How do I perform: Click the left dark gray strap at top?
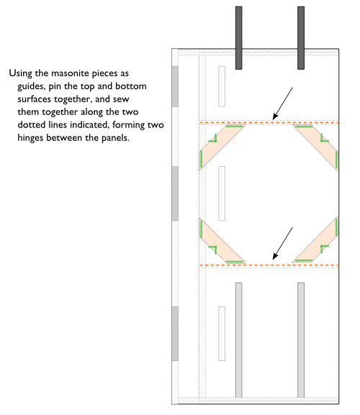[x=238, y=37]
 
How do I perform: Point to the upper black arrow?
[x=282, y=102]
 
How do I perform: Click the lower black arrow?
[x=282, y=243]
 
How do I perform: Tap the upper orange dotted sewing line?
[x=268, y=123]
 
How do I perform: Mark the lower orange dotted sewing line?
[x=268, y=265]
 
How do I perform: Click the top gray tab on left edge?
[x=174, y=86]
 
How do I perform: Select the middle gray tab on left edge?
[x=174, y=193]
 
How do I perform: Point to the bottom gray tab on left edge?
[x=174, y=333]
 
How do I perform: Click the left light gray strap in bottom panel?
[x=238, y=339]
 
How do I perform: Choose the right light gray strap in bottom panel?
[x=300, y=339]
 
